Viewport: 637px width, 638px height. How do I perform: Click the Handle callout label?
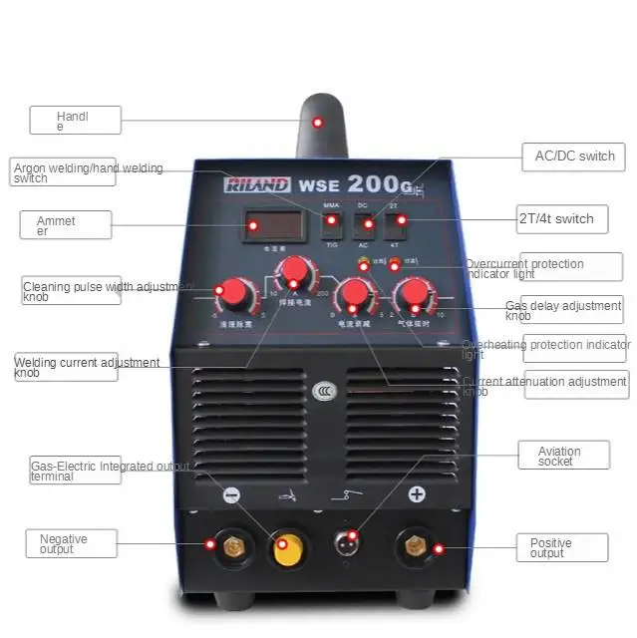(75, 121)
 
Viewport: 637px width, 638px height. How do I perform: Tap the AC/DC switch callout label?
(574, 157)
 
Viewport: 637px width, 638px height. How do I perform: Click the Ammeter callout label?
(65, 224)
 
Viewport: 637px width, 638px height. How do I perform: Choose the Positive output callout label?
(561, 547)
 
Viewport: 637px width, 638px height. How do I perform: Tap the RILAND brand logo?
(257, 184)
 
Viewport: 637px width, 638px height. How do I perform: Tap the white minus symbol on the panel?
(231, 493)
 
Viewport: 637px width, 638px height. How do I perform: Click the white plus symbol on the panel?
(417, 493)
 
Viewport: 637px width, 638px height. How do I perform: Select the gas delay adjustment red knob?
(412, 294)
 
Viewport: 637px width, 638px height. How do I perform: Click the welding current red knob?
(294, 271)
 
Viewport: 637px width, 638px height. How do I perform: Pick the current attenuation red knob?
(352, 294)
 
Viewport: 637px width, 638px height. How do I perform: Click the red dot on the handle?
(318, 123)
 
